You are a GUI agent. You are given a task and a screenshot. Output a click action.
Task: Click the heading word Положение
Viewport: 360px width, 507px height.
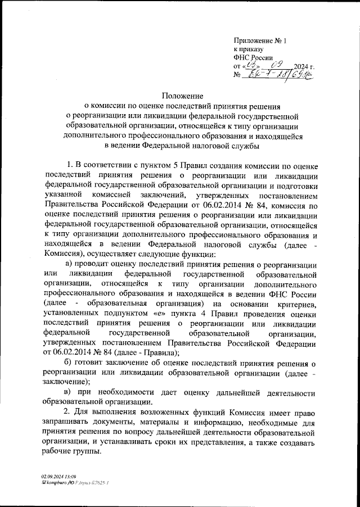coord(179,96)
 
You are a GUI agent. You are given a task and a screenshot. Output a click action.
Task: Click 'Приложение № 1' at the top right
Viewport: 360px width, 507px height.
coord(260,40)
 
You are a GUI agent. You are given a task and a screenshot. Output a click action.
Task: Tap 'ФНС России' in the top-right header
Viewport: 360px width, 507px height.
coord(253,57)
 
